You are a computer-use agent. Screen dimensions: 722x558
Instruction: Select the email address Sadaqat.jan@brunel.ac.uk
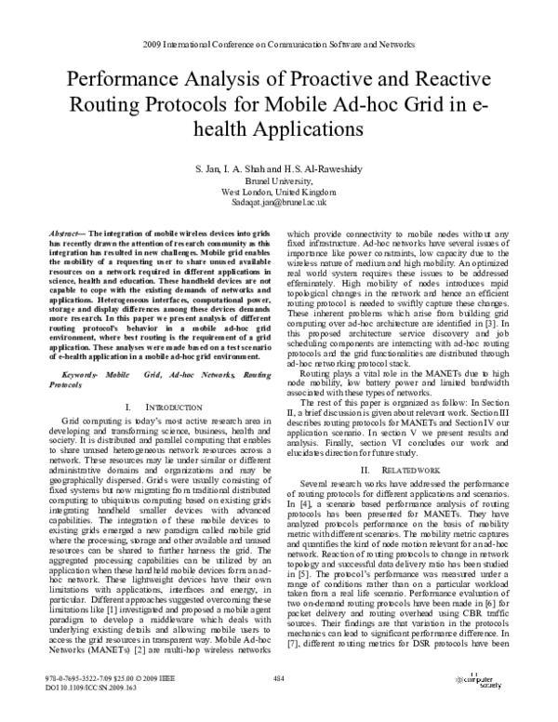click(279, 202)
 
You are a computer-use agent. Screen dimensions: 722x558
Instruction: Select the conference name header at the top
click(279, 44)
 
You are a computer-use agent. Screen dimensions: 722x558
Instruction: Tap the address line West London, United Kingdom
click(279, 192)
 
